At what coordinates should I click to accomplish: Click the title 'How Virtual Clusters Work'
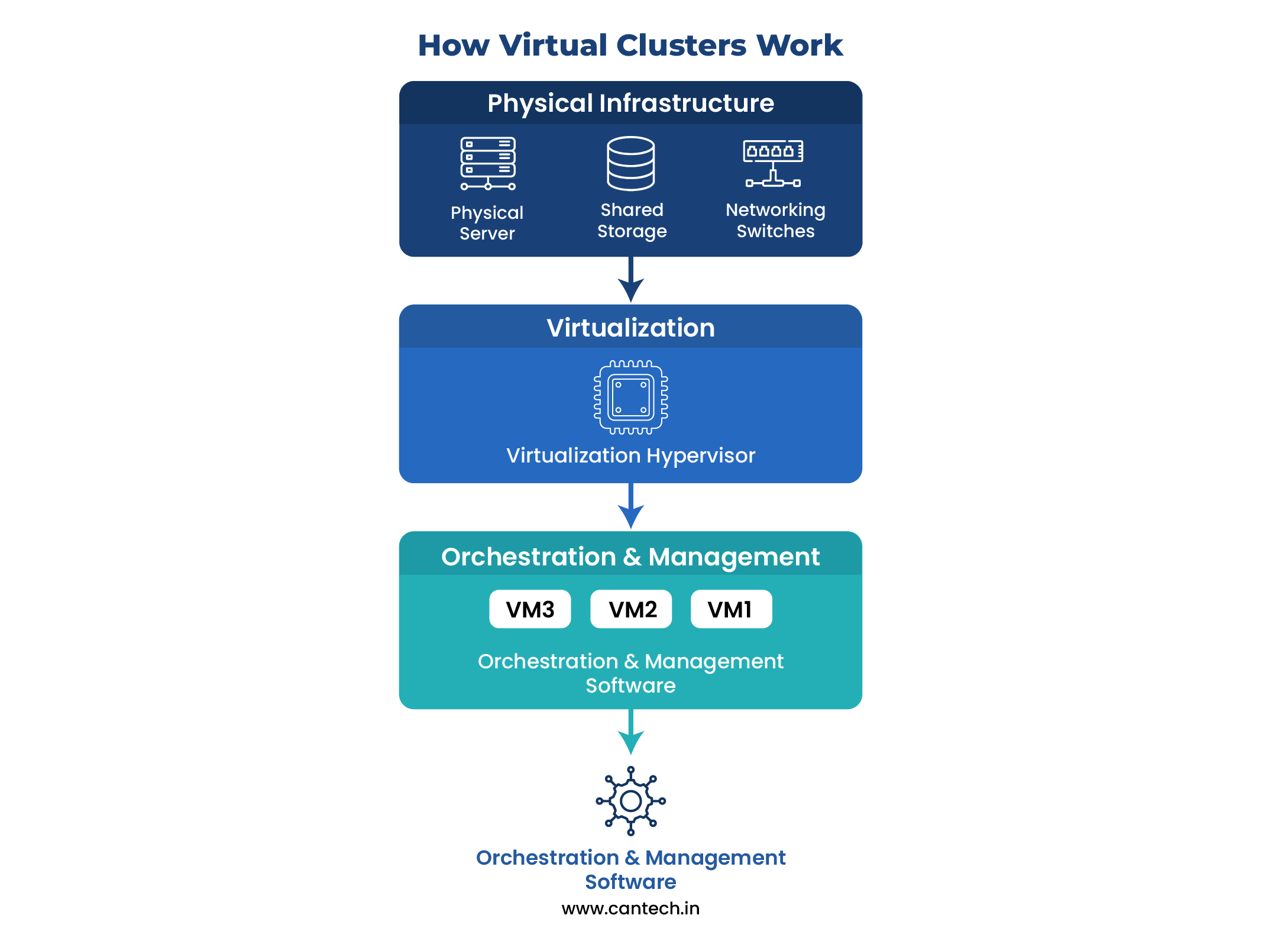pyautogui.click(x=630, y=45)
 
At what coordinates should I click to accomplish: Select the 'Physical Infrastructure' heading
pyautogui.click(x=630, y=103)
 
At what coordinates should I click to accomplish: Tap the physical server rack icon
pyautogui.click(x=488, y=163)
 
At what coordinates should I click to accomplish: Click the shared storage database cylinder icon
pyautogui.click(x=630, y=163)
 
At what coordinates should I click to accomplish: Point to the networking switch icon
pyautogui.click(x=773, y=163)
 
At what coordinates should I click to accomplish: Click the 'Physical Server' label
pyautogui.click(x=487, y=223)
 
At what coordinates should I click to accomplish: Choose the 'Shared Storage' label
pyautogui.click(x=632, y=220)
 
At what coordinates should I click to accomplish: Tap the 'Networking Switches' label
pyautogui.click(x=775, y=220)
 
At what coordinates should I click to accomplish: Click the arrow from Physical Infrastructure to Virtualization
pyautogui.click(x=630, y=280)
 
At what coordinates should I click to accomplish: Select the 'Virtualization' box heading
pyautogui.click(x=630, y=328)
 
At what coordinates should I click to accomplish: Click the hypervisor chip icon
pyautogui.click(x=630, y=397)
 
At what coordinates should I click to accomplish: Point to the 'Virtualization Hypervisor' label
pyautogui.click(x=630, y=455)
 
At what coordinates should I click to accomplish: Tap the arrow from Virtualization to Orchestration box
pyautogui.click(x=630, y=507)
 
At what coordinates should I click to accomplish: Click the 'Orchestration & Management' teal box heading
pyautogui.click(x=630, y=557)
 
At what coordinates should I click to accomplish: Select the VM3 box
pyautogui.click(x=530, y=609)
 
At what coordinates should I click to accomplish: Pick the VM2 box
pyautogui.click(x=631, y=609)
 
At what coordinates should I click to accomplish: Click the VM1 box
pyautogui.click(x=731, y=609)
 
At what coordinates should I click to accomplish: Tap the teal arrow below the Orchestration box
pyautogui.click(x=630, y=733)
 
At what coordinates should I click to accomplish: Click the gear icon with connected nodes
pyautogui.click(x=630, y=801)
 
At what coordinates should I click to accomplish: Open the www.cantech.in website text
pyautogui.click(x=630, y=908)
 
